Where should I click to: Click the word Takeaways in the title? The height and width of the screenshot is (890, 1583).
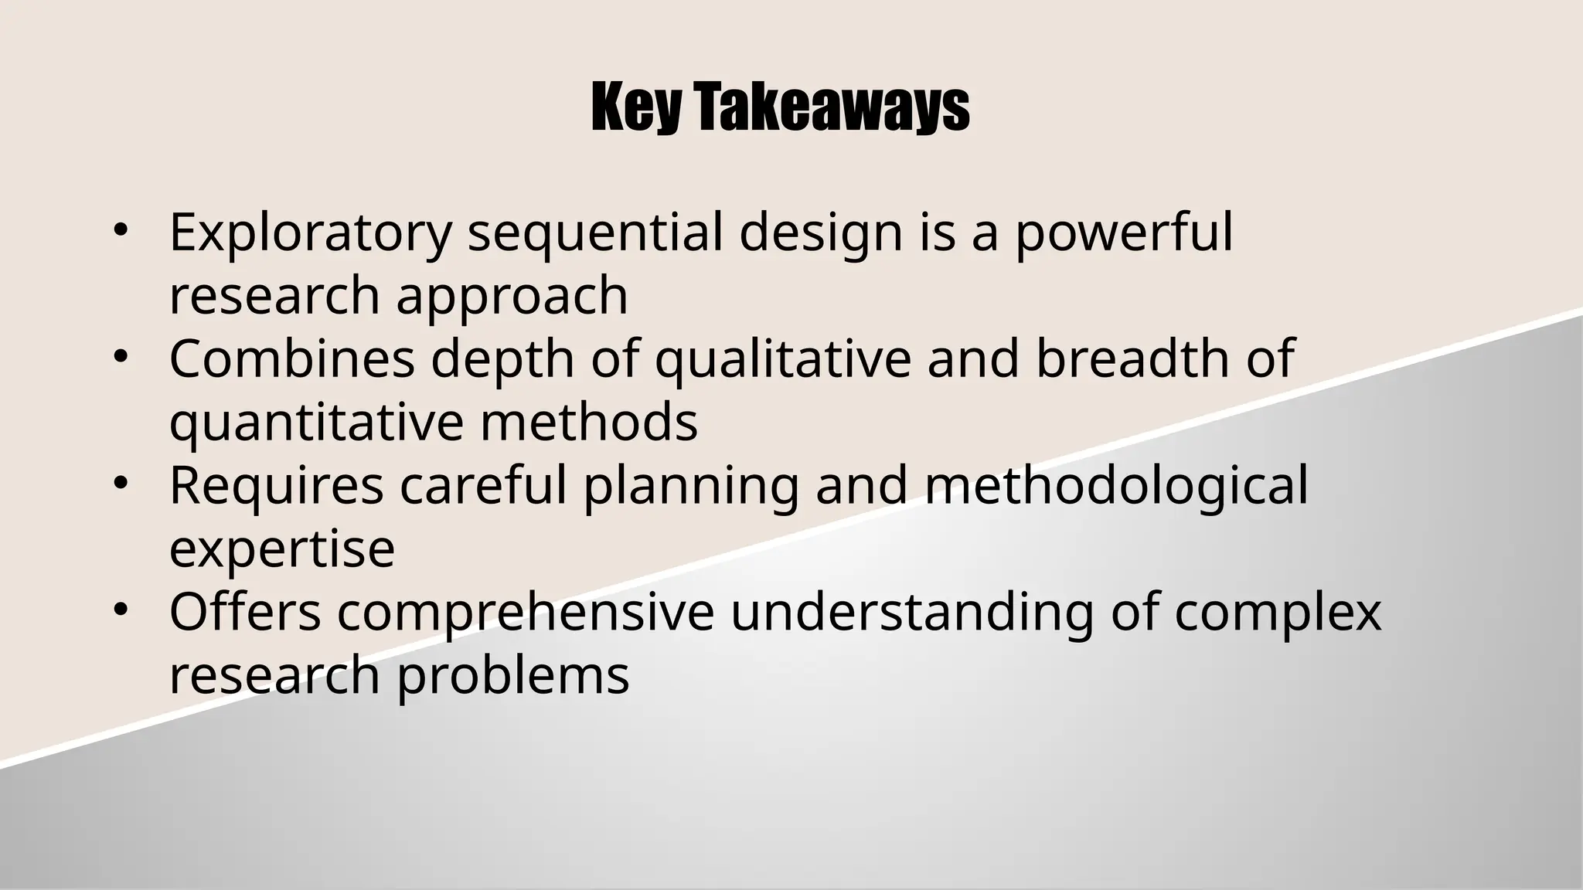click(x=830, y=108)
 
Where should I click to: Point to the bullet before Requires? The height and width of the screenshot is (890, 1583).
click(x=119, y=483)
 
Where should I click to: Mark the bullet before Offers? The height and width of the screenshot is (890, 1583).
click(x=119, y=610)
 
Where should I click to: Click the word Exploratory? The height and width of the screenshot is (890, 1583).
click(x=310, y=233)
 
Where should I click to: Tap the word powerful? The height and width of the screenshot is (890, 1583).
click(x=1123, y=233)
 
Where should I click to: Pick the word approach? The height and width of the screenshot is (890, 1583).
click(x=512, y=297)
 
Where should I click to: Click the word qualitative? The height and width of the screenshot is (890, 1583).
click(x=782, y=361)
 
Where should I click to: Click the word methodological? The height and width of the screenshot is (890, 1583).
click(x=1115, y=487)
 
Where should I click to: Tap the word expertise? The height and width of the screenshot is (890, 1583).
click(x=282, y=549)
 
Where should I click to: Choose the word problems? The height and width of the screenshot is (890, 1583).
click(x=513, y=678)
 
